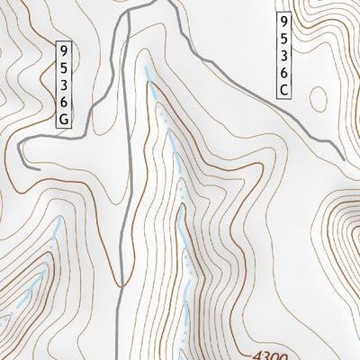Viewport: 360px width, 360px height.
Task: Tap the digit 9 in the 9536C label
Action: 283,19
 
